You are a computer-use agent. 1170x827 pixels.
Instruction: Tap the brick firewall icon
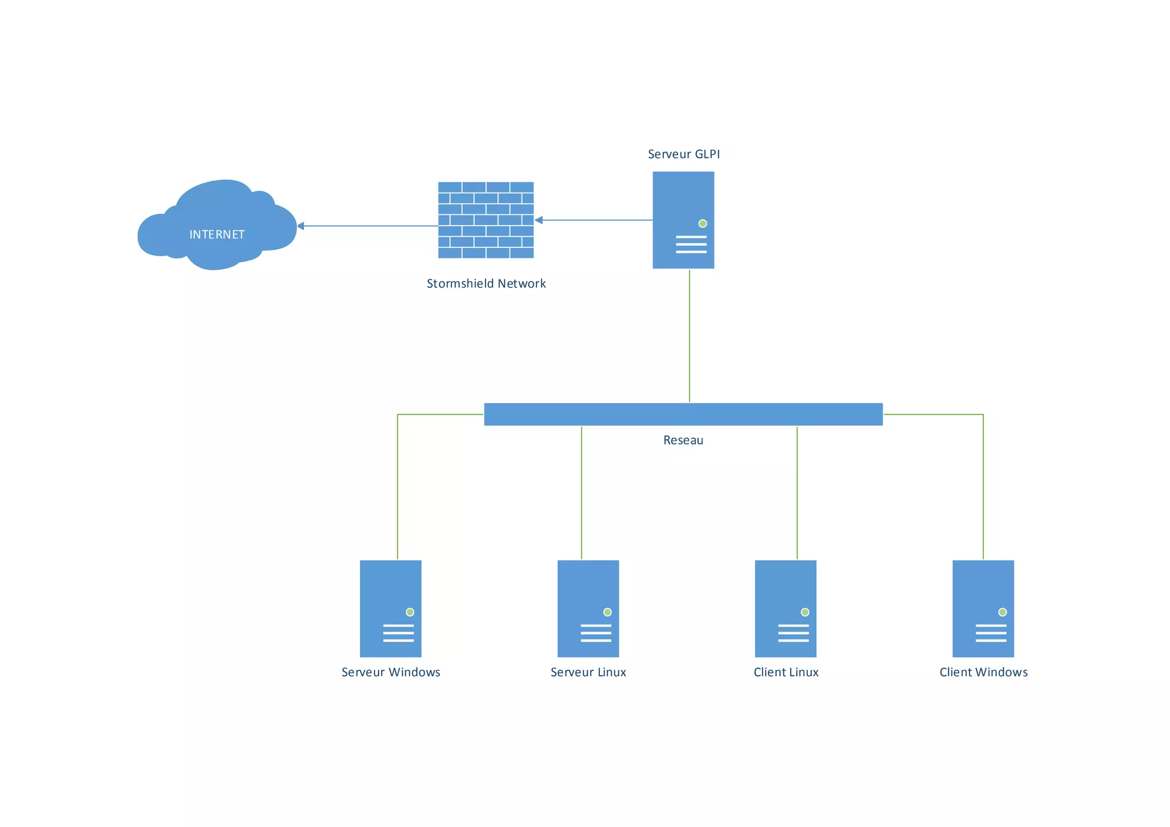tap(486, 220)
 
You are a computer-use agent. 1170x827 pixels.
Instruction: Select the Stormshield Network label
tap(486, 283)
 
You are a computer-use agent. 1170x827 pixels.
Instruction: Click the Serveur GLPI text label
tap(683, 154)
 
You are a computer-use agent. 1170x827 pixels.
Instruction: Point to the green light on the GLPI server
tap(703, 223)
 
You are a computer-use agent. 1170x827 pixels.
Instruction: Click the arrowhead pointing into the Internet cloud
tap(300, 226)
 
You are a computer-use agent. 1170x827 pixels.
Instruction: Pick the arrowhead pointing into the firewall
tap(538, 220)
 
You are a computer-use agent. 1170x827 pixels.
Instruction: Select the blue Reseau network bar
tap(683, 414)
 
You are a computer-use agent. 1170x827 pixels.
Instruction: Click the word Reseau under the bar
tap(683, 440)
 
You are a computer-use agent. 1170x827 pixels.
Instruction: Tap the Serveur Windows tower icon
tap(391, 608)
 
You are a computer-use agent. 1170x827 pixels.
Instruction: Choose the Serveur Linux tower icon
tap(588, 608)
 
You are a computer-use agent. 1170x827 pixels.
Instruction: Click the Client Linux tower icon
tap(786, 608)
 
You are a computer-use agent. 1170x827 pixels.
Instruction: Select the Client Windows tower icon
tap(983, 608)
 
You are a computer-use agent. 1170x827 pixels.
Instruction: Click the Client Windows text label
tap(983, 672)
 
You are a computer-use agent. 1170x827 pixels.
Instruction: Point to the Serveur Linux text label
tap(588, 672)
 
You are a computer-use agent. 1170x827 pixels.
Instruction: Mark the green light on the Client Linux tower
tap(805, 612)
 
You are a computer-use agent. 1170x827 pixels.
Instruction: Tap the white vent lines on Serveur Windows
tap(398, 633)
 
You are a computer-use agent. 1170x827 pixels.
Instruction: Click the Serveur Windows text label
tap(391, 672)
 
